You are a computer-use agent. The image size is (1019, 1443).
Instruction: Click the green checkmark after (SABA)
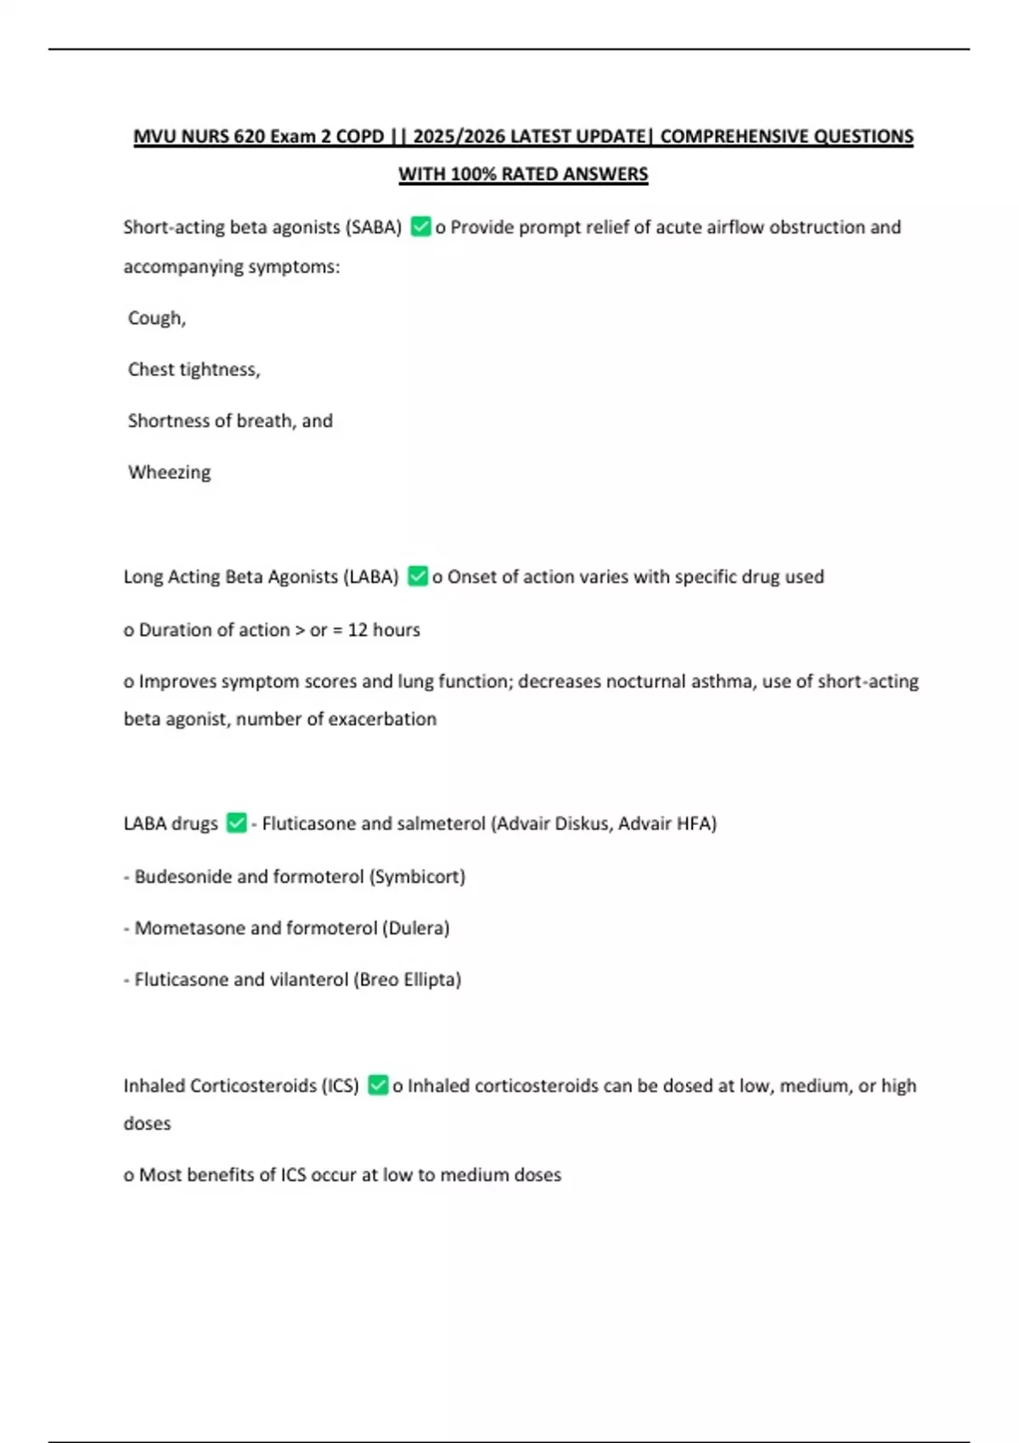point(420,227)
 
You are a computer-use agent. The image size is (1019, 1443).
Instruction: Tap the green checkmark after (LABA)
point(418,576)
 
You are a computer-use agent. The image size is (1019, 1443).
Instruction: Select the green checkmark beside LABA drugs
point(236,823)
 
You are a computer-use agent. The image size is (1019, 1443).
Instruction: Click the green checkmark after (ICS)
point(378,1086)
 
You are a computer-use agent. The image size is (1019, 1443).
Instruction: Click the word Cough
point(155,318)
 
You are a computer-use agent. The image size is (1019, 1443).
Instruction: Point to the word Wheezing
point(169,473)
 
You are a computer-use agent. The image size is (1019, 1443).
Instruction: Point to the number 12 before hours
point(357,630)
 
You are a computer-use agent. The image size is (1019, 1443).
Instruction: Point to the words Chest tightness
point(194,370)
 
